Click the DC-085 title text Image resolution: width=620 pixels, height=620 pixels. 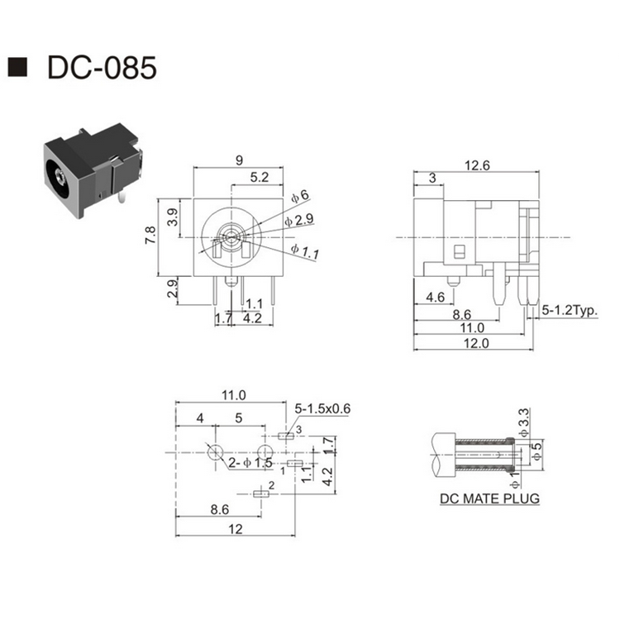101,68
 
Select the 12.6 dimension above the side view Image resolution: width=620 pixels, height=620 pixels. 477,165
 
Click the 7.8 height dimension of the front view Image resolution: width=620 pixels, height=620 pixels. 150,236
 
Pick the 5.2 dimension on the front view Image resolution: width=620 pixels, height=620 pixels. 259,177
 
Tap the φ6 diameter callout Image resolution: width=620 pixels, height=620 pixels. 300,196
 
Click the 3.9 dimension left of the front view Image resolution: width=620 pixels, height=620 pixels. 173,217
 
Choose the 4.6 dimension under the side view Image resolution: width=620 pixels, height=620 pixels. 436,297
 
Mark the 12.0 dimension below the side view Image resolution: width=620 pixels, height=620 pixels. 475,343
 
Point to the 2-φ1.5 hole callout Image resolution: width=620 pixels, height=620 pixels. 251,462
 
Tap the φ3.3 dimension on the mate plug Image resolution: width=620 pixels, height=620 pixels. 522,419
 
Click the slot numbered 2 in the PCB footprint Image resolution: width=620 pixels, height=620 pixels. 263,494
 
